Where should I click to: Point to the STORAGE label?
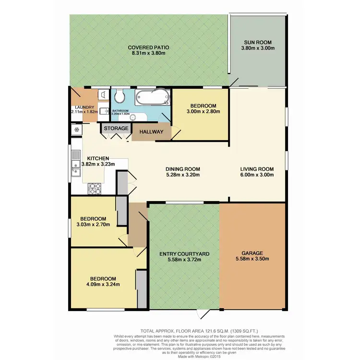[x=117, y=129]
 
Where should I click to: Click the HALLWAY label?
[x=151, y=132]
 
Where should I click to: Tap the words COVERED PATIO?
[x=148, y=48]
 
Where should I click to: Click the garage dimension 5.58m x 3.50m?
[x=252, y=259]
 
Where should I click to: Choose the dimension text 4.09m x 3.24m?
[x=103, y=285]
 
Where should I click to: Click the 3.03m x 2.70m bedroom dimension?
[x=94, y=224]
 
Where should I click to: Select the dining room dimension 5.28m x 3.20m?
[x=182, y=175]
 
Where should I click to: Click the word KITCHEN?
[x=98, y=158]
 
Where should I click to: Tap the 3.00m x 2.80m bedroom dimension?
[x=203, y=112]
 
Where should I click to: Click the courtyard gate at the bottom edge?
[x=205, y=313]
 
